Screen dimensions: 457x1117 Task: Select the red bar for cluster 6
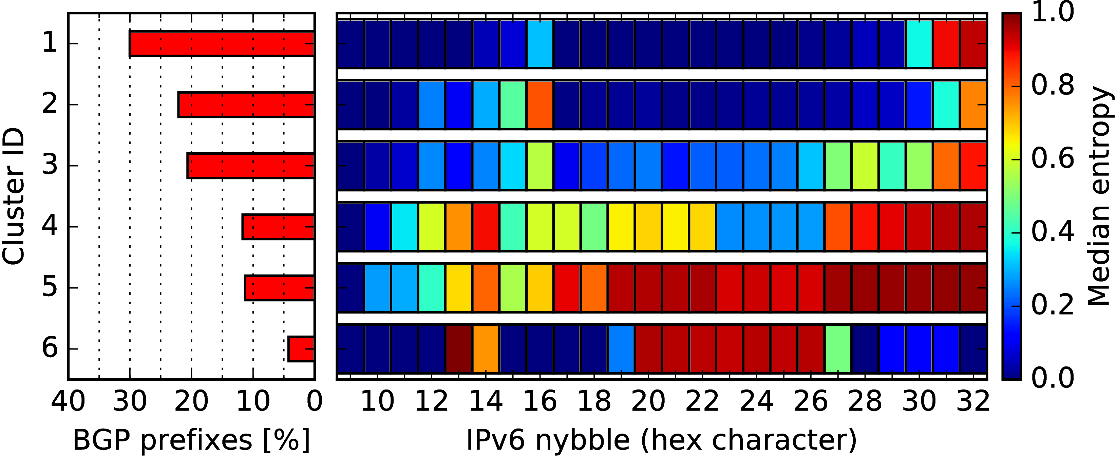[x=301, y=349]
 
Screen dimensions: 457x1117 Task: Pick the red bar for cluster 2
[x=246, y=104]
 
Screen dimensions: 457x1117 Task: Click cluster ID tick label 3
[x=50, y=165]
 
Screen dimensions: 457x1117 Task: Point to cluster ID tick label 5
[x=50, y=287]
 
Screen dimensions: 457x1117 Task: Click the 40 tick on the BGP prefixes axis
[x=68, y=401]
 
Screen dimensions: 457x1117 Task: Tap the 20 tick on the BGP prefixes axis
[x=191, y=401]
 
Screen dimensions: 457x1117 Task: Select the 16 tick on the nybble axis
[x=540, y=401]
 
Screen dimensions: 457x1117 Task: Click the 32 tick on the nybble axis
[x=973, y=401]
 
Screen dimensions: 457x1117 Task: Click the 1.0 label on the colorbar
[x=1053, y=12]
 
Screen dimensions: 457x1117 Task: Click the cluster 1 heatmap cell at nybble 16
[x=540, y=44]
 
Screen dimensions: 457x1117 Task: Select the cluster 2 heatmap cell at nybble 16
[x=540, y=104]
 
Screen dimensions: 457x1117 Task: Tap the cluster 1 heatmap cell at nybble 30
[x=919, y=44]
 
